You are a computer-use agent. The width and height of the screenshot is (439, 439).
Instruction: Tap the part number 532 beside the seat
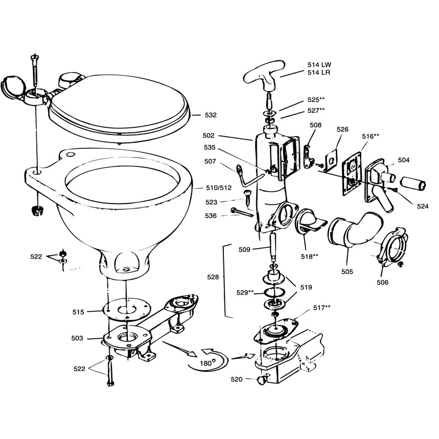click(x=210, y=115)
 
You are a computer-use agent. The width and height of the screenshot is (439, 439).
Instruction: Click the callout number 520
click(x=237, y=379)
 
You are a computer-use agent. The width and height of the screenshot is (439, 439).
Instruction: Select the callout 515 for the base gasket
click(x=78, y=312)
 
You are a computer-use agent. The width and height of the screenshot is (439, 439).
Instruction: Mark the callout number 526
click(x=342, y=130)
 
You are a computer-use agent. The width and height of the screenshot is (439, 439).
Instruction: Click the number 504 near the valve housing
click(x=404, y=160)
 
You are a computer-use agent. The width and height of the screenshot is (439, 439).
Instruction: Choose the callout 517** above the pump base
click(x=323, y=307)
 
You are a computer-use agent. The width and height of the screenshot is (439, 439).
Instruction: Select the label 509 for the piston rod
click(x=244, y=250)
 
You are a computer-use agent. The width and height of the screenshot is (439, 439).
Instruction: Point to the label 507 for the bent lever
click(x=210, y=161)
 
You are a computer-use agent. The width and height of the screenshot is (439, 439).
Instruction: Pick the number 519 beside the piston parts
click(x=306, y=286)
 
